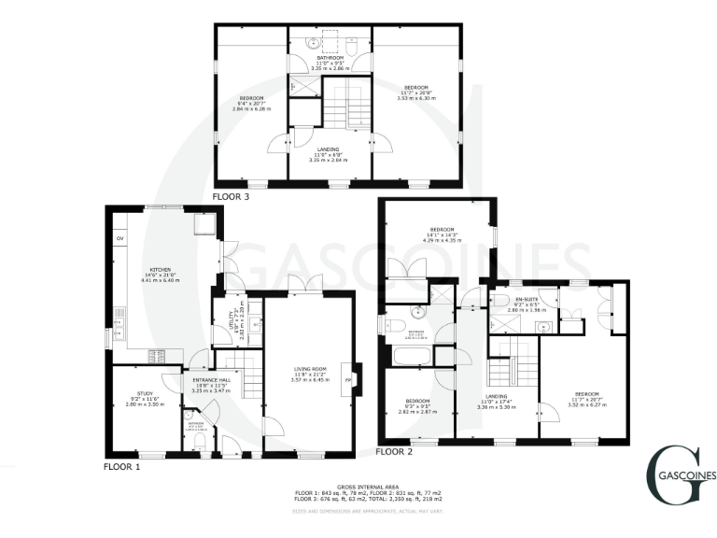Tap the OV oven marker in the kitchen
click(119, 239)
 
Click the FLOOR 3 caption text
click(231, 197)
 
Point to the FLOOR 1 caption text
click(120, 465)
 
